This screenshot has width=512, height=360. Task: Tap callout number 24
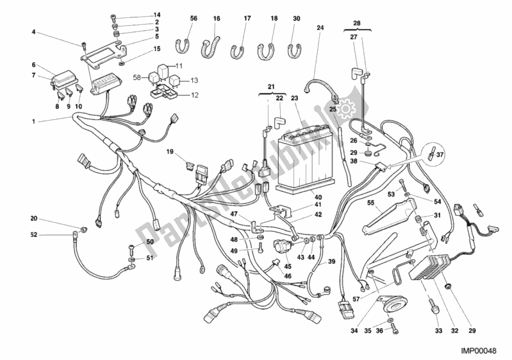(320, 28)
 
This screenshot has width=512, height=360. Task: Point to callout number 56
(193, 19)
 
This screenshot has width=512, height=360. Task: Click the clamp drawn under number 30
(295, 50)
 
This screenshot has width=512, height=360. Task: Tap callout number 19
(170, 152)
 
